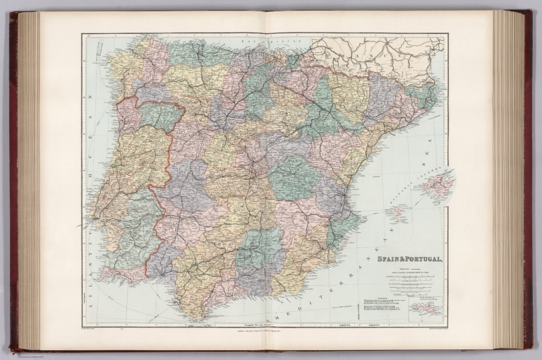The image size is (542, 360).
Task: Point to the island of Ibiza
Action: click(x=397, y=211)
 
